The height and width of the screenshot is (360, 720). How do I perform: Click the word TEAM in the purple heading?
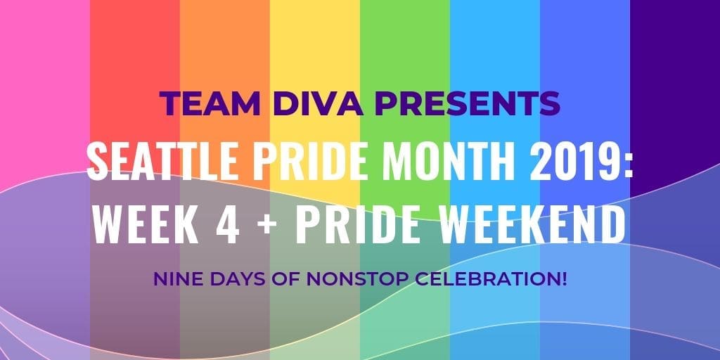[x=210, y=104]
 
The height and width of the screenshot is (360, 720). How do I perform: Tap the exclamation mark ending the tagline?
[x=565, y=278]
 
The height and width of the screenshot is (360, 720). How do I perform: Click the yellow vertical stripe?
[x=315, y=46]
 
